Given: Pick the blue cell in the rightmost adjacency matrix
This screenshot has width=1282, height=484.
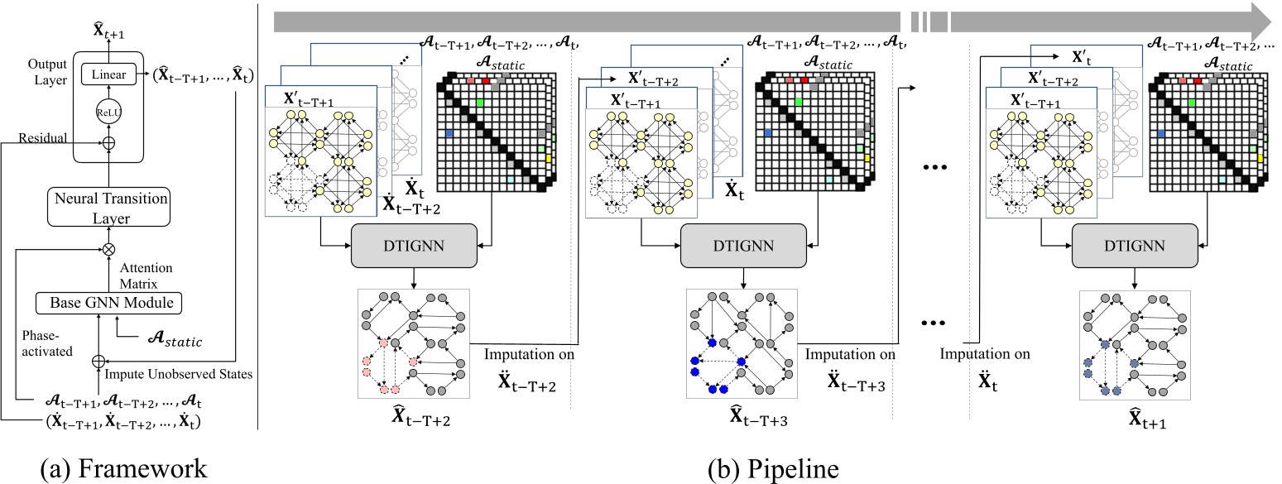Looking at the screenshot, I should click(1163, 133).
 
